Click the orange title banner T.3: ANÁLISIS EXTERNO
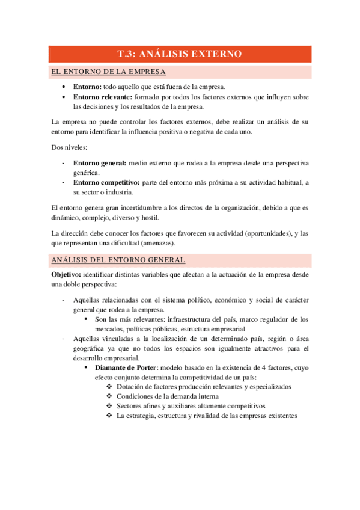click(x=180, y=54)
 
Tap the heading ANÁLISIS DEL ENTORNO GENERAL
click(x=118, y=260)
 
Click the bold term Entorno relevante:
click(x=103, y=97)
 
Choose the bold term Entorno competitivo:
click(x=106, y=182)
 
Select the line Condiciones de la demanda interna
click(x=168, y=396)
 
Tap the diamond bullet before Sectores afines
click(x=109, y=406)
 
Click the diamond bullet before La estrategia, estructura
click(x=109, y=416)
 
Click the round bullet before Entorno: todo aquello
click(x=64, y=87)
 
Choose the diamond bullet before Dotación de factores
click(x=109, y=387)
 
